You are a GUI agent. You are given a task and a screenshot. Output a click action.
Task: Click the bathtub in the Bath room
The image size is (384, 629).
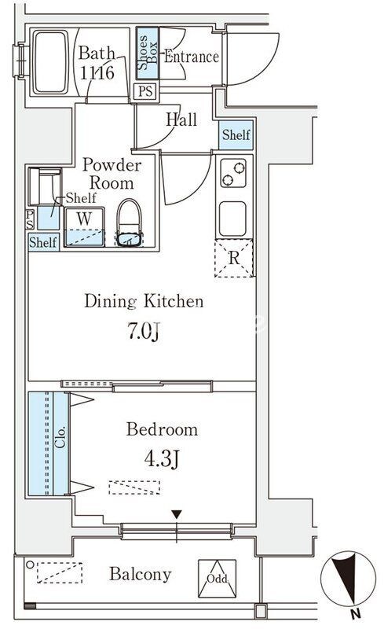pyautogui.click(x=50, y=62)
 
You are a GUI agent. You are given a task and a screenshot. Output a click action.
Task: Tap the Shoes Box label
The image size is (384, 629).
pyautogui.click(x=148, y=53)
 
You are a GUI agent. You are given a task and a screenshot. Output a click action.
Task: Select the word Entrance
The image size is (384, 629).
pyautogui.click(x=192, y=57)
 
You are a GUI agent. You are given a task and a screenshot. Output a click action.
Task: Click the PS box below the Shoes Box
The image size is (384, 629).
pyautogui.click(x=145, y=91)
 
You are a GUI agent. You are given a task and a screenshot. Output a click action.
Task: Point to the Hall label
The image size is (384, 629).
pyautogui.click(x=181, y=120)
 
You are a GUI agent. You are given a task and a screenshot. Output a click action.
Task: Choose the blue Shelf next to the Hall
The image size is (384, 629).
pyautogui.click(x=236, y=134)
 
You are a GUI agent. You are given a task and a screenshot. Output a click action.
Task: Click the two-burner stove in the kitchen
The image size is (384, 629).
pyautogui.click(x=233, y=173)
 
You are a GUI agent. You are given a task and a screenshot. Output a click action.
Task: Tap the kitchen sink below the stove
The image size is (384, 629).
pyautogui.click(x=232, y=219)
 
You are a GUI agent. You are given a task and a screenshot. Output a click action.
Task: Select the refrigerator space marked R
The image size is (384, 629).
pyautogui.click(x=234, y=259)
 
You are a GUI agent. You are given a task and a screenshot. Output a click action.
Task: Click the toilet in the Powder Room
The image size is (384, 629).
pyautogui.click(x=129, y=223)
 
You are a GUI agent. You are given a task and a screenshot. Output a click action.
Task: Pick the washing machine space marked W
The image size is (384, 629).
pyautogui.click(x=84, y=226)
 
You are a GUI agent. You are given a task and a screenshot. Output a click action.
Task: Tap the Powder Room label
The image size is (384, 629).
pyautogui.click(x=112, y=174)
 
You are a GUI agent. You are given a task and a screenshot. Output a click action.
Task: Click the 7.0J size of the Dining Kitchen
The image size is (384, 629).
pyautogui.click(x=144, y=332)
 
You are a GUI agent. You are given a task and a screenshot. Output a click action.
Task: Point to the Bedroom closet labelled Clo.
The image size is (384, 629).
pyautogui.click(x=48, y=443)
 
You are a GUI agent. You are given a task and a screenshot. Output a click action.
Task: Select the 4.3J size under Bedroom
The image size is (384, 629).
pyautogui.click(x=162, y=459)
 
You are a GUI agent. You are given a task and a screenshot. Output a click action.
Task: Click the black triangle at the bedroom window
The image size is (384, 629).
pyautogui.click(x=177, y=514)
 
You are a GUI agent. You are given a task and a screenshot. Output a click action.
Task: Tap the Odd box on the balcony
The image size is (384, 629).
pyautogui.click(x=217, y=579)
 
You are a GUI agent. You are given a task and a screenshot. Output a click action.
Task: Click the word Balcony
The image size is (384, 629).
pyautogui.click(x=141, y=575)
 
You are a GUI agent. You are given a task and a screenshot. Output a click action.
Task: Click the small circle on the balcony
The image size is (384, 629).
pyautogui.click(x=30, y=565)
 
